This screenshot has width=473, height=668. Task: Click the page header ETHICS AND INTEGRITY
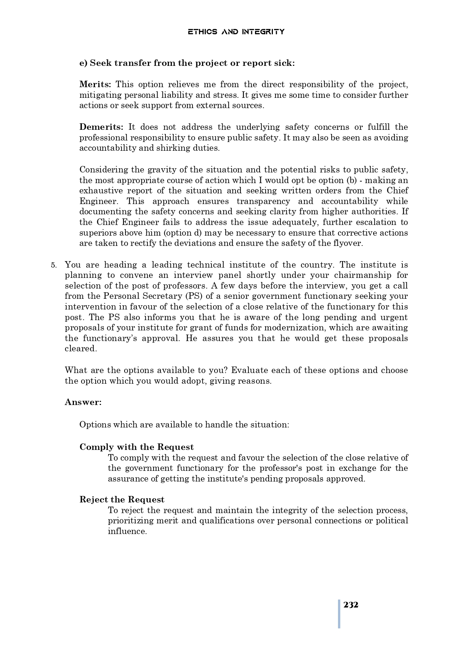pos(236,32)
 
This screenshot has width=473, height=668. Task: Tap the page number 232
pos(351,605)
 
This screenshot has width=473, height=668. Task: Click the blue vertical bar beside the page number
pos(339,614)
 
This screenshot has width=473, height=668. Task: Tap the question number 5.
pos(54,265)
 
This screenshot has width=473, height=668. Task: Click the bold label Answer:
pos(83,402)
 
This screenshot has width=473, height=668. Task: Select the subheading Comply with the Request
pos(136,447)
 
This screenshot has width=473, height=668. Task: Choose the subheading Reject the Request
pos(122,499)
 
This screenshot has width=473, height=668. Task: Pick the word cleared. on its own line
pos(81,349)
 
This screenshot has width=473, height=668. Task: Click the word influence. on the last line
pos(127,531)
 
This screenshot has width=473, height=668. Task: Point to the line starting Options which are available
pos(184,424)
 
